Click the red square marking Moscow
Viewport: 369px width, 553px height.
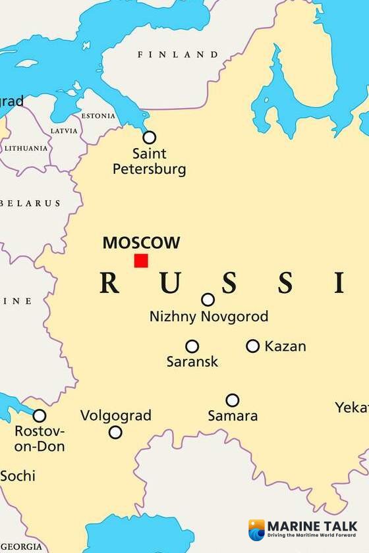141,261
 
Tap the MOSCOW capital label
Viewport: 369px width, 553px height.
141,243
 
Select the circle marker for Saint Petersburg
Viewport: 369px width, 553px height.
150,137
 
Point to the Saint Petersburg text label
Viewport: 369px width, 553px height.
150,161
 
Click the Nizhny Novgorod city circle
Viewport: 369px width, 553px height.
208,300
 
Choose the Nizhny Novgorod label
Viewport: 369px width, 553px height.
209,317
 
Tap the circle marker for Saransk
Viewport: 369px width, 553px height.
192,346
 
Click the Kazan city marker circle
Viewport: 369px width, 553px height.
253,346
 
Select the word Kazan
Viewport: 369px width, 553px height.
285,346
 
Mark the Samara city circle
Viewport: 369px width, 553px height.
233,400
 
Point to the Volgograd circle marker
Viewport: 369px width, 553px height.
115,433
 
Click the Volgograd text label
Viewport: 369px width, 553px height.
116,415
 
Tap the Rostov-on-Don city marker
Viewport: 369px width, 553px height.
40,415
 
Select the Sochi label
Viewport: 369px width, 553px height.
18,475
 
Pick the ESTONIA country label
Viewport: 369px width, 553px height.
98,116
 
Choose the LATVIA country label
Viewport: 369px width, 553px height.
64,130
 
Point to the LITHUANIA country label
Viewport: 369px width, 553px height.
26,148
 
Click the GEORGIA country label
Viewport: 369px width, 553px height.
21,546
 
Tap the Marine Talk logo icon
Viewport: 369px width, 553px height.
256,529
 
